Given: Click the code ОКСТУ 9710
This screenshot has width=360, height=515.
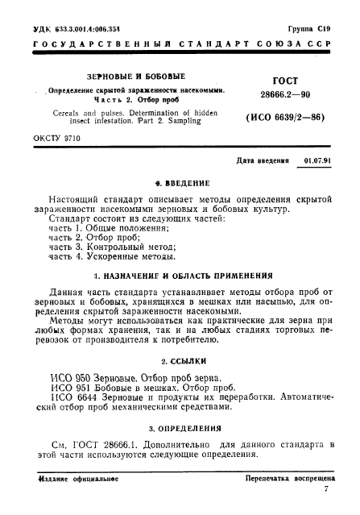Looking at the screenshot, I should pos(56,140).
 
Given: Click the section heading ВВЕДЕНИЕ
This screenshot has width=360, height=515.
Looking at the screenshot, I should pos(184,183).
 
